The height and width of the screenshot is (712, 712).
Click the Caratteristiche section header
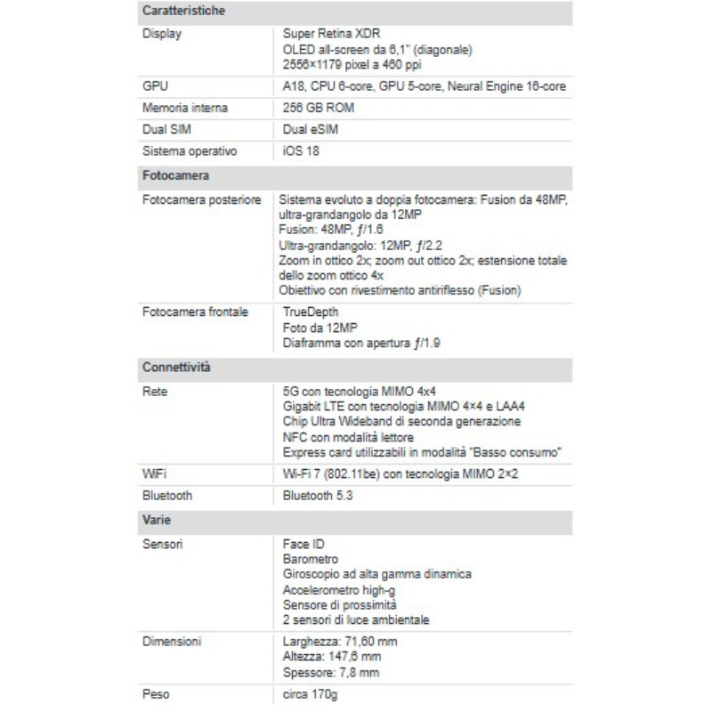click(x=183, y=12)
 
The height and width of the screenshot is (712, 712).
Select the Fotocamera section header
click(x=175, y=175)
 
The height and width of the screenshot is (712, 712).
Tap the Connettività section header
click(x=176, y=367)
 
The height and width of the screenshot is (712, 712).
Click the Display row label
click(x=162, y=34)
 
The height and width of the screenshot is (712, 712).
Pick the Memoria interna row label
click(x=185, y=108)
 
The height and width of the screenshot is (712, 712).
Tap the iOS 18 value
click(x=301, y=150)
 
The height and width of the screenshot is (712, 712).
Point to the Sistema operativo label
click(x=189, y=150)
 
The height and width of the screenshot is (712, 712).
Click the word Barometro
click(x=311, y=559)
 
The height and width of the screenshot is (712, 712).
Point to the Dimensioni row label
click(x=172, y=641)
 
